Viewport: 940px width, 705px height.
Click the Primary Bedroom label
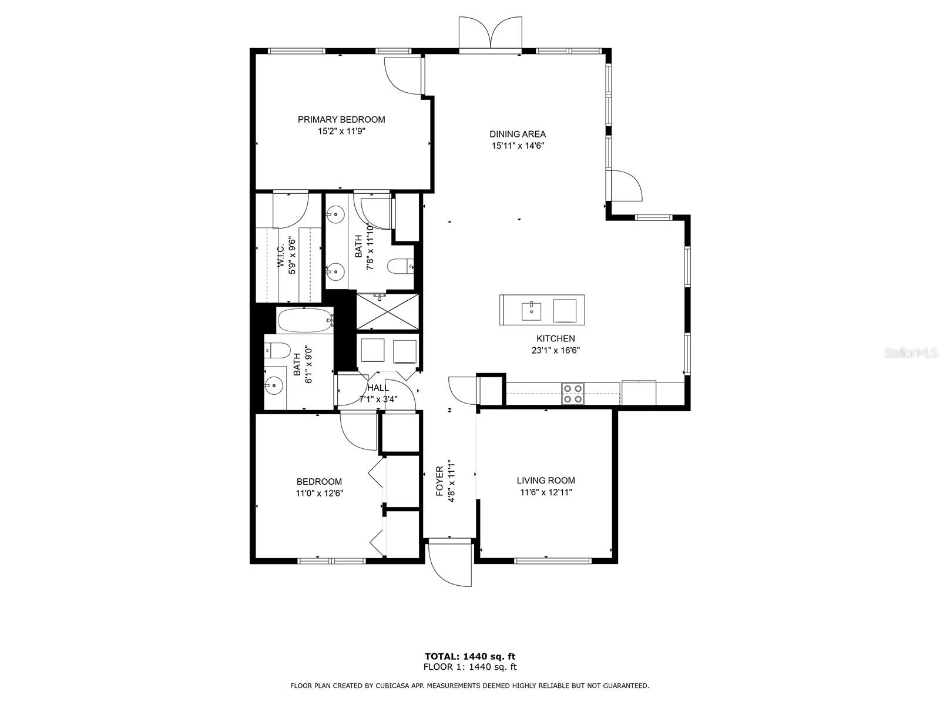341,120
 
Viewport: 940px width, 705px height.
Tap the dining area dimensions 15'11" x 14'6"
518,146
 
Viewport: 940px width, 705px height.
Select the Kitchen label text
555,338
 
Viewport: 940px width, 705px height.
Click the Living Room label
546,481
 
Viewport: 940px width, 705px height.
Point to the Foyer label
439,482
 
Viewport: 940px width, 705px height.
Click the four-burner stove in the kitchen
573,394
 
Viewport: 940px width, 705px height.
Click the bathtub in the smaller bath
305,321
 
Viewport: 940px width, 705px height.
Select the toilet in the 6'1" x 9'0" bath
276,351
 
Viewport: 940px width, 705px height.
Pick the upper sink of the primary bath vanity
335,214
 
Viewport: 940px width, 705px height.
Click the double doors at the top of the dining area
490,34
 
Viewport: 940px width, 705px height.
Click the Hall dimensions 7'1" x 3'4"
378,399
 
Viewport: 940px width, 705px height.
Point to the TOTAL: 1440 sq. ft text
470,656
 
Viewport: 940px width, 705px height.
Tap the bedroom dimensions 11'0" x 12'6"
319,493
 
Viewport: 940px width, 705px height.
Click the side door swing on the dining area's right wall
626,186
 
